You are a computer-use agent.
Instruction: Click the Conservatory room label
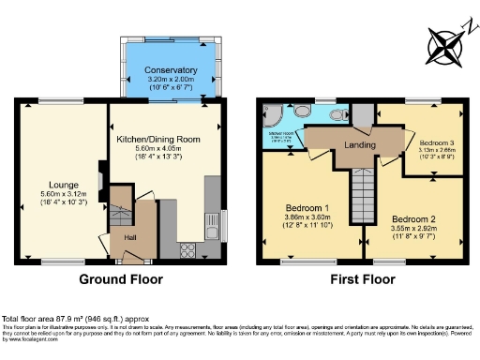[171, 69]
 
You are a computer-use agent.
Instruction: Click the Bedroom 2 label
[415, 217]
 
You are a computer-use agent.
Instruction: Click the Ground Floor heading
[120, 279]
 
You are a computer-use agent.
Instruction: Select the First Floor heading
[360, 279]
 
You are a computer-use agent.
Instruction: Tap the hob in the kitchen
[187, 249]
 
